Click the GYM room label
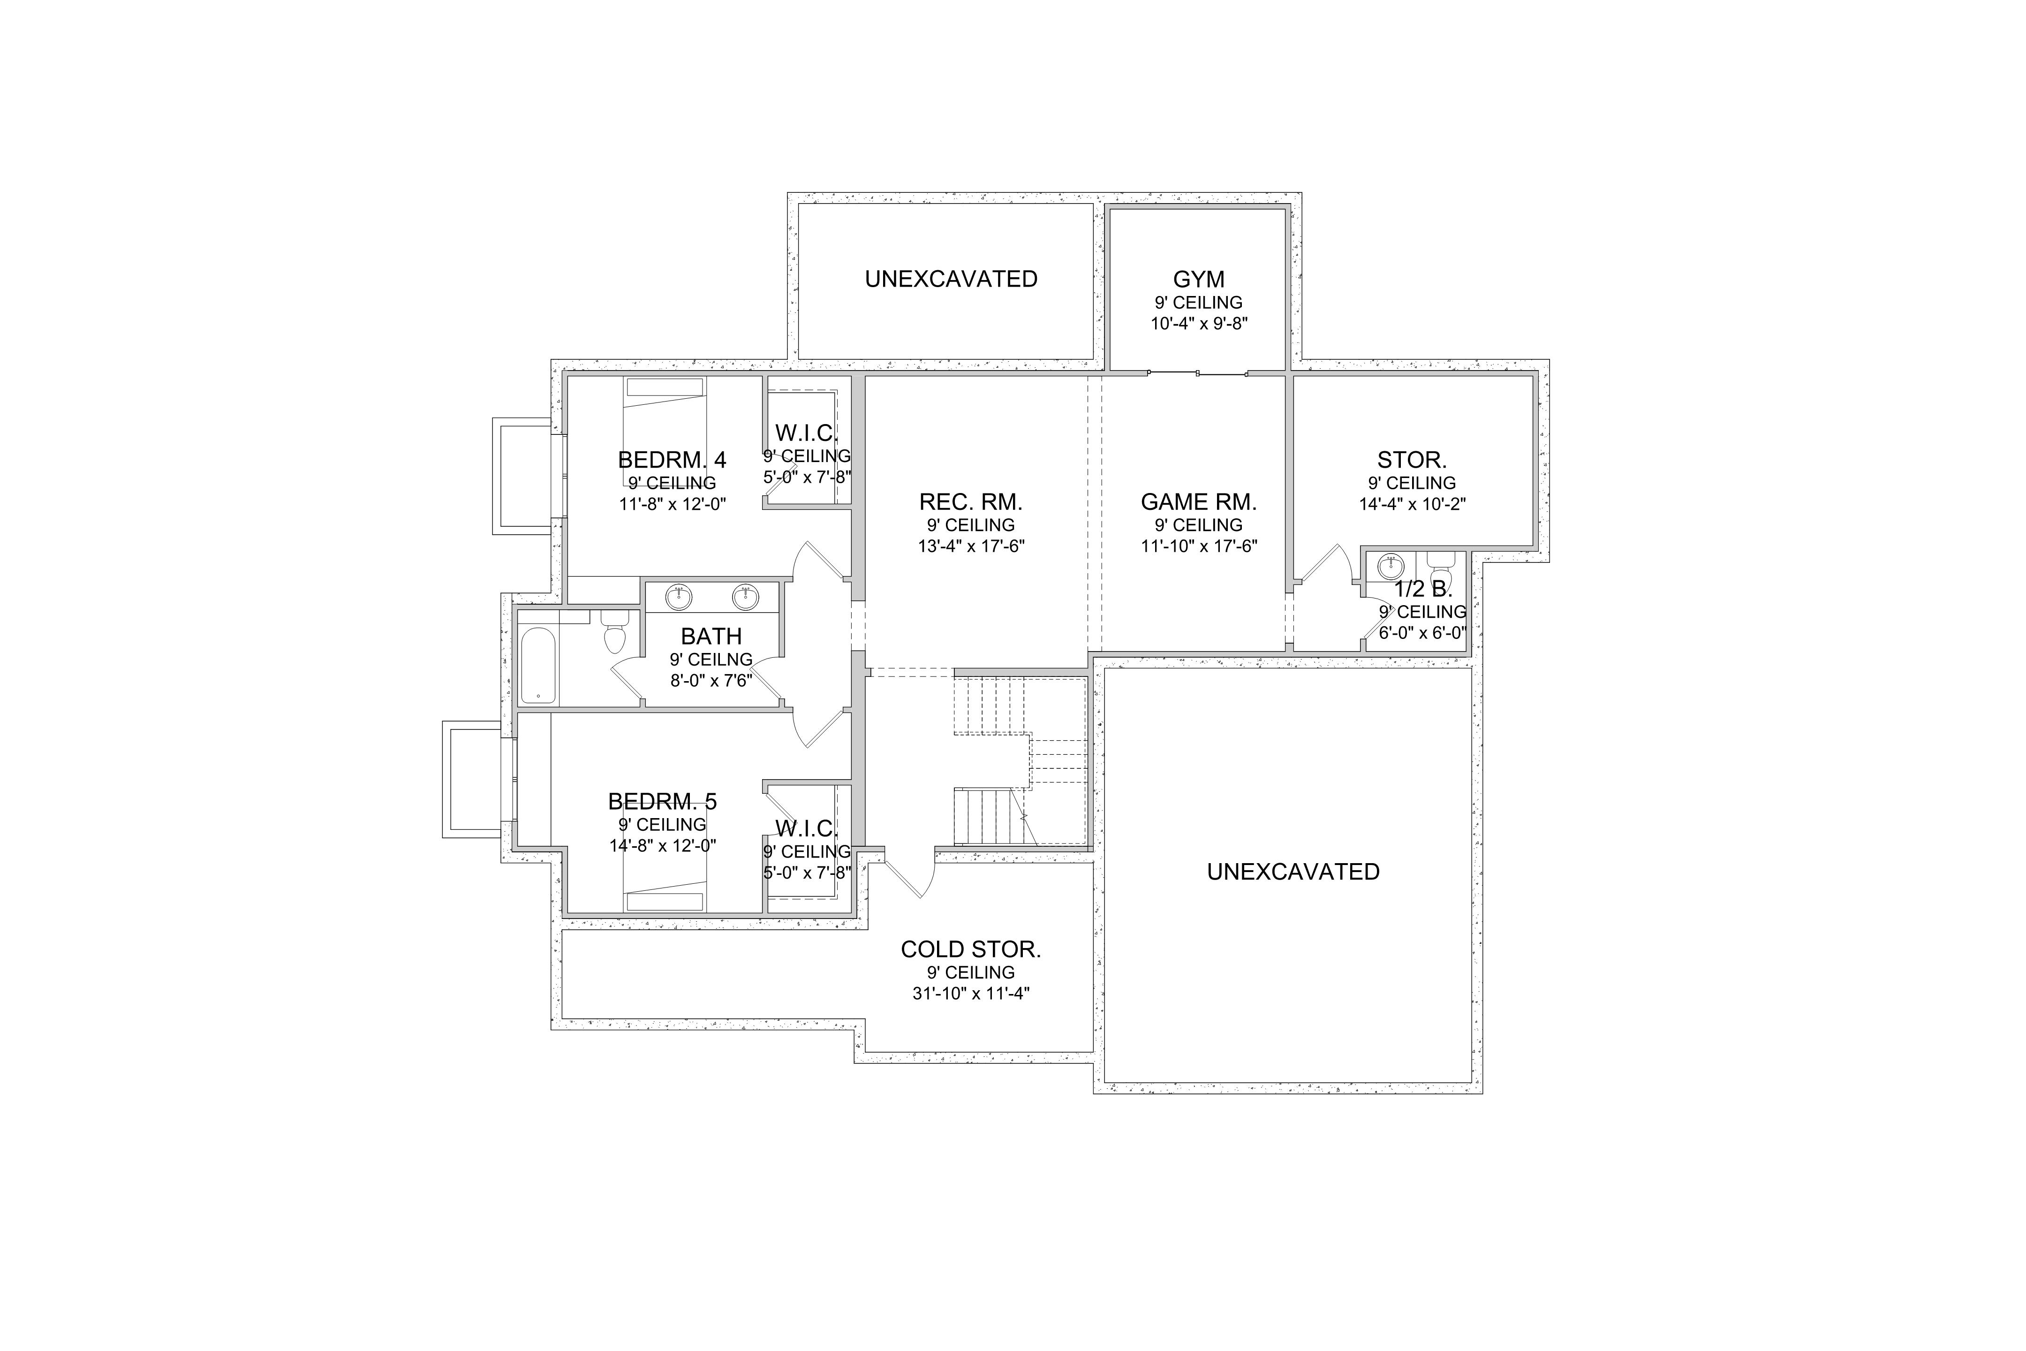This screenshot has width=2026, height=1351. click(1198, 279)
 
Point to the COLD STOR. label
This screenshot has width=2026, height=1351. click(971, 949)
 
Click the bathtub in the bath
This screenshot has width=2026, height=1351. click(538, 665)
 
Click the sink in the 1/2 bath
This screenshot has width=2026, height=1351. click(1390, 566)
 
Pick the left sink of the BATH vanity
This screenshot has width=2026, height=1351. click(679, 596)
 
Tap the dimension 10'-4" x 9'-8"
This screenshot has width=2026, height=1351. click(1198, 324)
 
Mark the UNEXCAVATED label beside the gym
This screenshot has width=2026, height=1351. click(951, 279)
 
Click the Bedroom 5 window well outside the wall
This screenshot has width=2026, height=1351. click(473, 779)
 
